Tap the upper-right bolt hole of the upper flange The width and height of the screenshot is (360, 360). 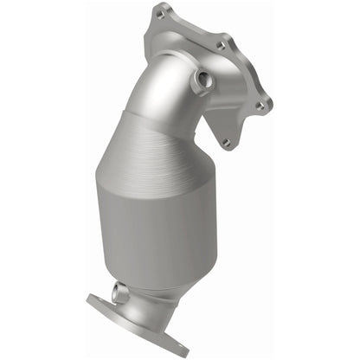click(222, 44)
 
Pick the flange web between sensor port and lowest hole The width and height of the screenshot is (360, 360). click(216, 112)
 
